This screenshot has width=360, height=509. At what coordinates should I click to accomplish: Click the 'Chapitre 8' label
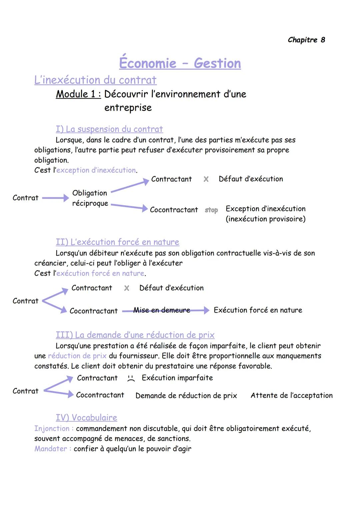[306, 40]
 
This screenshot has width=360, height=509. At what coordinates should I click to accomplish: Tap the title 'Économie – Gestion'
[180, 63]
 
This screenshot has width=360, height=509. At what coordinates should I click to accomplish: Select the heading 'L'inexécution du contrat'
[95, 80]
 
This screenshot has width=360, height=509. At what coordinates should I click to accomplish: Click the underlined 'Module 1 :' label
[78, 94]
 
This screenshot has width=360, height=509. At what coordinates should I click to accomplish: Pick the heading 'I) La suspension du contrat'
[109, 129]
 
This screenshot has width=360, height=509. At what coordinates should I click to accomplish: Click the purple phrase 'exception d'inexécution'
[96, 170]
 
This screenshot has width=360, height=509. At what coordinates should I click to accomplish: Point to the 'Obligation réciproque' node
[90, 198]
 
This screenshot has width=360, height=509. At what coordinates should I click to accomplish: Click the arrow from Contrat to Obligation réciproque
[55, 198]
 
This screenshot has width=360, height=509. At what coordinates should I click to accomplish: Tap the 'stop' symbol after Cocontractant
[211, 210]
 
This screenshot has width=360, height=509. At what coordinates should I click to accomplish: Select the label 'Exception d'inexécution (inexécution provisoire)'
[265, 214]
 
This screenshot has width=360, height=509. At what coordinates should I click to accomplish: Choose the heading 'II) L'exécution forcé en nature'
[117, 242]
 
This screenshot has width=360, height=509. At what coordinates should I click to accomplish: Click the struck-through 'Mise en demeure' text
[162, 310]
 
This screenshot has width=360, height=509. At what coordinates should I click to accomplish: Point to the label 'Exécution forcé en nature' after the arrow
[258, 310]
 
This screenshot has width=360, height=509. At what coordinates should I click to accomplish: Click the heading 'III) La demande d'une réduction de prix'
[135, 335]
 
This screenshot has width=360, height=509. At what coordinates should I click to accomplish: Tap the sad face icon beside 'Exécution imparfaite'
[131, 379]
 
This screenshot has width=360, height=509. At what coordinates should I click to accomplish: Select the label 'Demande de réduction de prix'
[186, 396]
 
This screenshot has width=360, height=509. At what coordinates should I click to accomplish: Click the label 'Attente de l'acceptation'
[291, 396]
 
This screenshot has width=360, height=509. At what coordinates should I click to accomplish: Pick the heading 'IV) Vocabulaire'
[86, 418]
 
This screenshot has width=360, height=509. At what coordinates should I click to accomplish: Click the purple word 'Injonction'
[52, 429]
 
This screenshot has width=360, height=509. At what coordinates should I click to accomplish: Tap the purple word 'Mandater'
[51, 449]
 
